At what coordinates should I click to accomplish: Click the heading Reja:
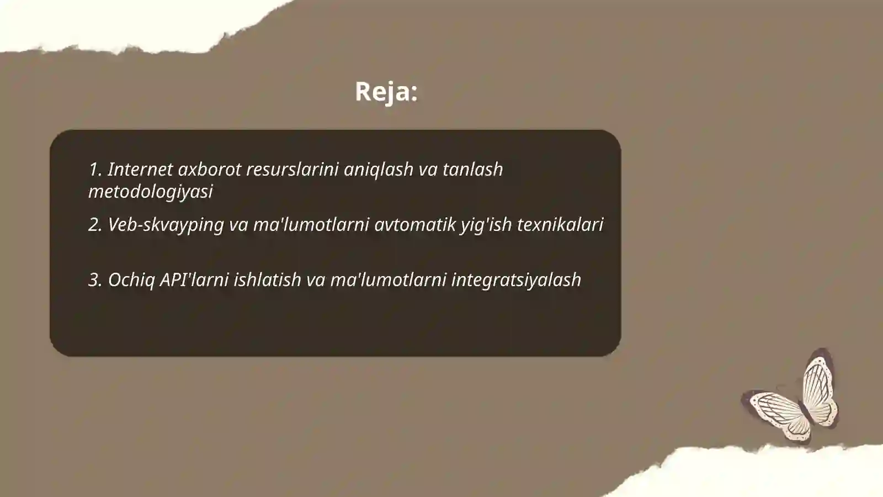click(386, 91)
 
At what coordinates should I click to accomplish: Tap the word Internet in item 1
click(140, 169)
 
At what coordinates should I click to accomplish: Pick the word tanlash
click(472, 169)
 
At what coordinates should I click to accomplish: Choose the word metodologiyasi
click(150, 191)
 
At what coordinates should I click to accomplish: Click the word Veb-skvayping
click(166, 225)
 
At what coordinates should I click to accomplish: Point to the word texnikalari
click(560, 224)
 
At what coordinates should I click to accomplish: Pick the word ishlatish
click(267, 279)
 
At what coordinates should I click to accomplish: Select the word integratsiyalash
click(516, 280)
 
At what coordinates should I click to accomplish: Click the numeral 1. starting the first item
click(95, 169)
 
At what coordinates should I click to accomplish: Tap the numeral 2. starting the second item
click(95, 225)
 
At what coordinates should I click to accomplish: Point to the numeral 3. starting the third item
click(95, 280)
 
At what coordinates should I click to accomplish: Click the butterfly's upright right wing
click(820, 387)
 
